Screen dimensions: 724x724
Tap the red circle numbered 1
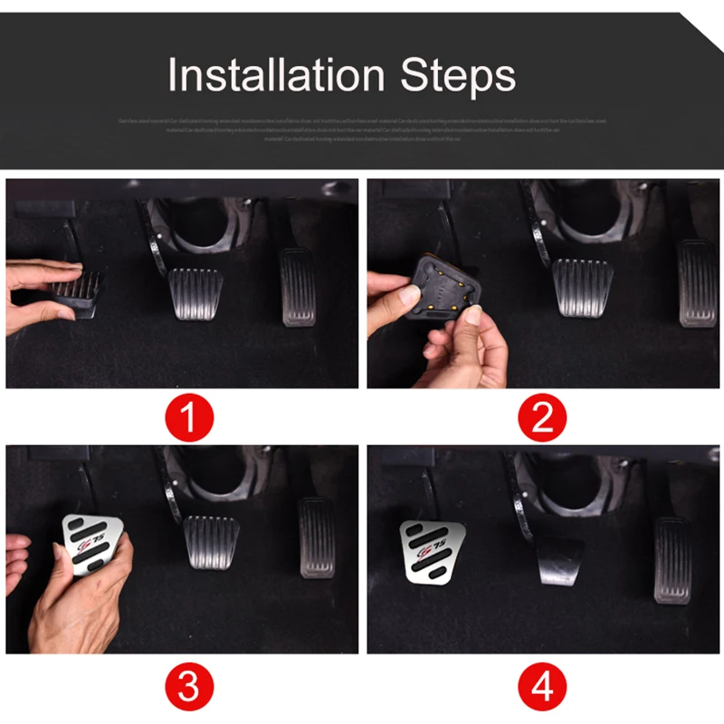coord(188,419)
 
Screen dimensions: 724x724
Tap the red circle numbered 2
coord(541,419)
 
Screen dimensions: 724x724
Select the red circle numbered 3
coord(188,687)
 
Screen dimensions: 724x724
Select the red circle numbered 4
coord(541,687)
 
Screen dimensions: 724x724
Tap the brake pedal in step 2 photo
coord(582,286)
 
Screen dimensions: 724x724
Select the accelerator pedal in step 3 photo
coord(317,538)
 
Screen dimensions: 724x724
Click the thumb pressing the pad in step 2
coord(405,297)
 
